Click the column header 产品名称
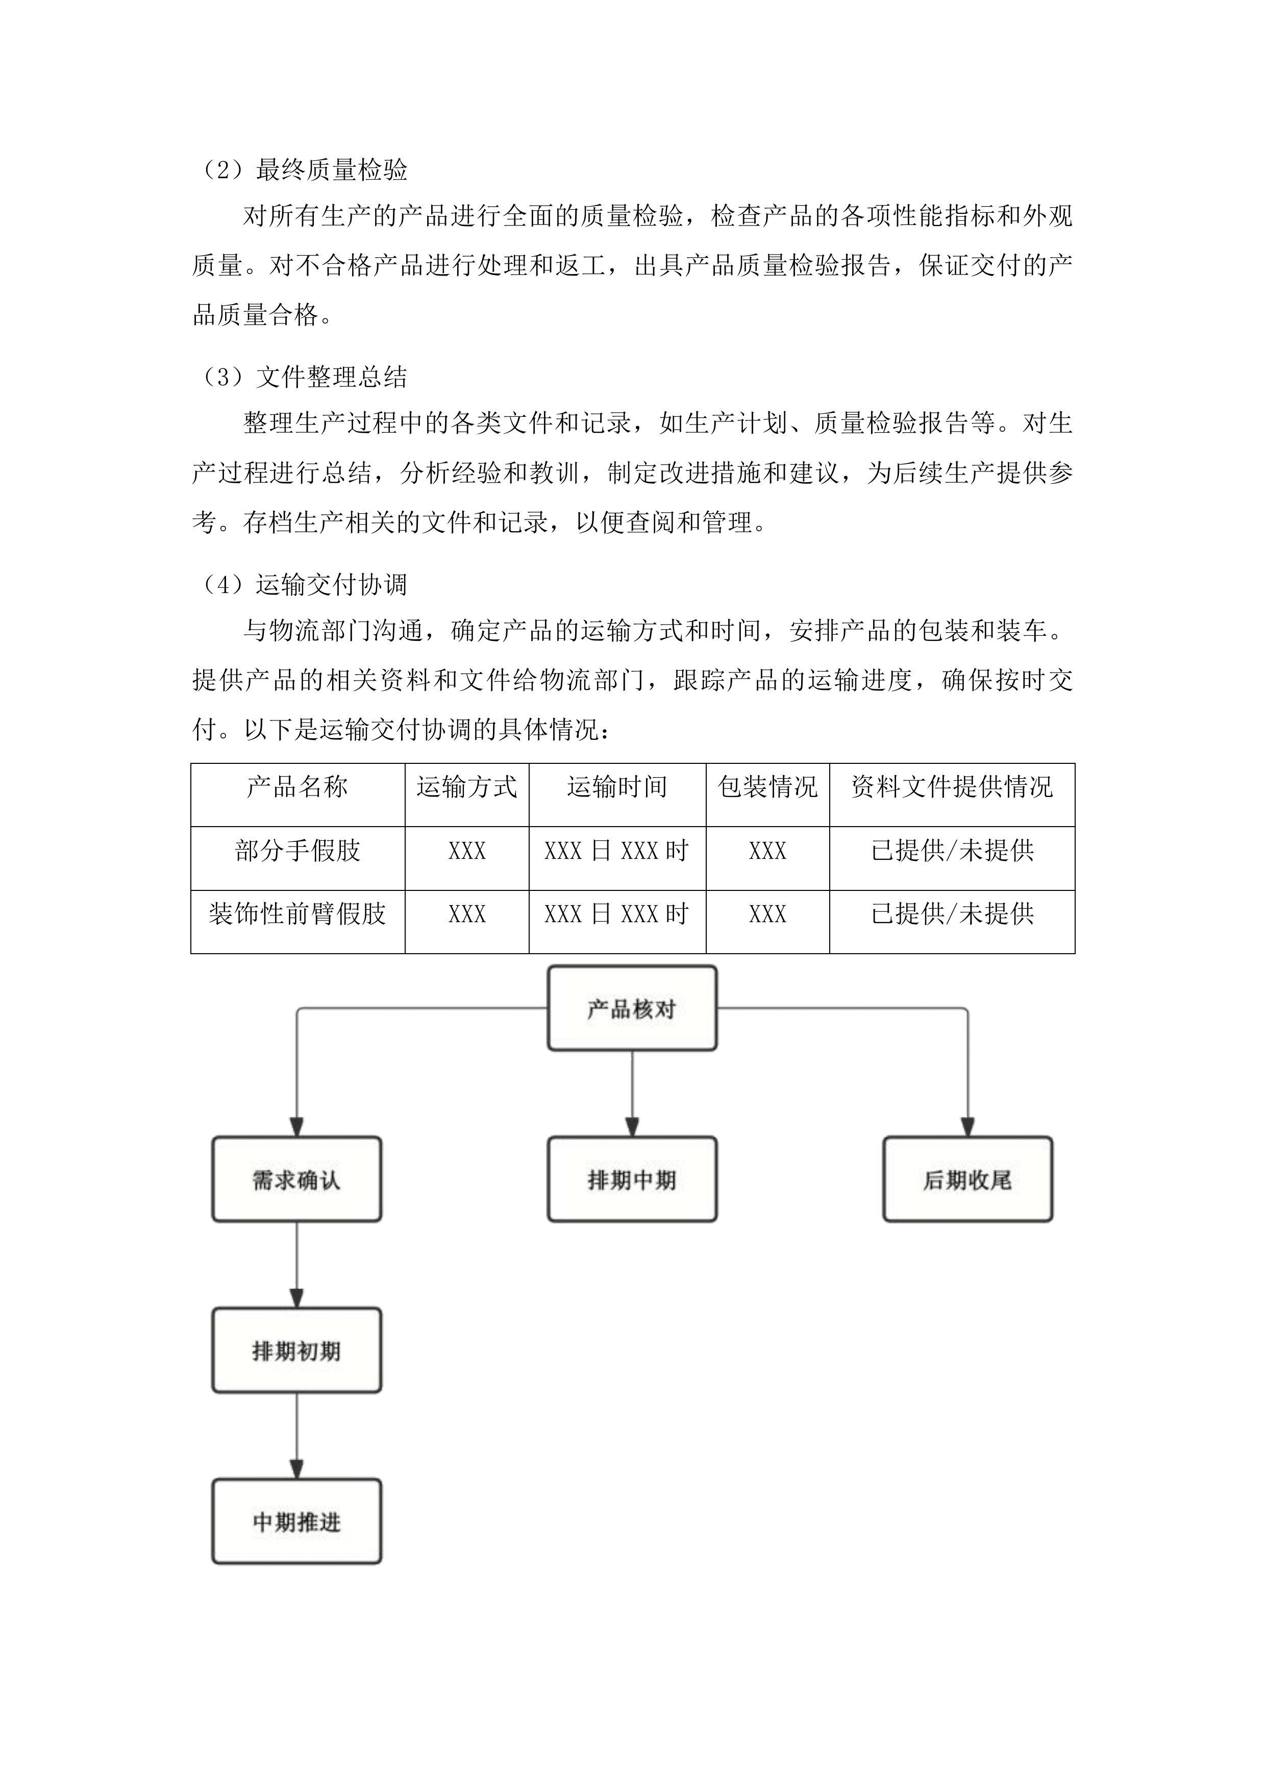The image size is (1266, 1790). coord(297,787)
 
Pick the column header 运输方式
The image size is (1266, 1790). coord(466,787)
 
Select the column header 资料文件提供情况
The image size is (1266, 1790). coord(951,787)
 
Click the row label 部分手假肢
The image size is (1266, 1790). coord(297,851)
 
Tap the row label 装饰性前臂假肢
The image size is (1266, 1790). coord(297,914)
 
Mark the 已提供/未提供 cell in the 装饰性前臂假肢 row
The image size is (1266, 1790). coord(951,914)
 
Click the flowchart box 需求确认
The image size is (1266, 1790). coord(296,1180)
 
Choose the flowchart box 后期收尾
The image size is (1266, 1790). coord(967,1180)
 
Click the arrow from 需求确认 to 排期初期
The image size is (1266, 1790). coord(296,1264)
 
